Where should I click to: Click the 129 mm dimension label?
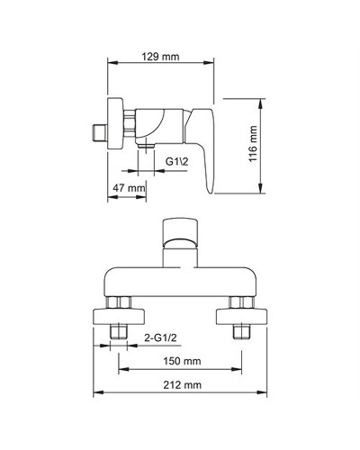tap(160, 57)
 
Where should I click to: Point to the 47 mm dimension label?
tap(129, 187)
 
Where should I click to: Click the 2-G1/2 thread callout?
tap(160, 337)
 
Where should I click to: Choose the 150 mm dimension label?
tap(177, 361)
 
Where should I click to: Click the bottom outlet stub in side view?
tap(145, 145)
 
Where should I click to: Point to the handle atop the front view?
tap(179, 238)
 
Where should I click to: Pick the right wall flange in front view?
tap(240, 316)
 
